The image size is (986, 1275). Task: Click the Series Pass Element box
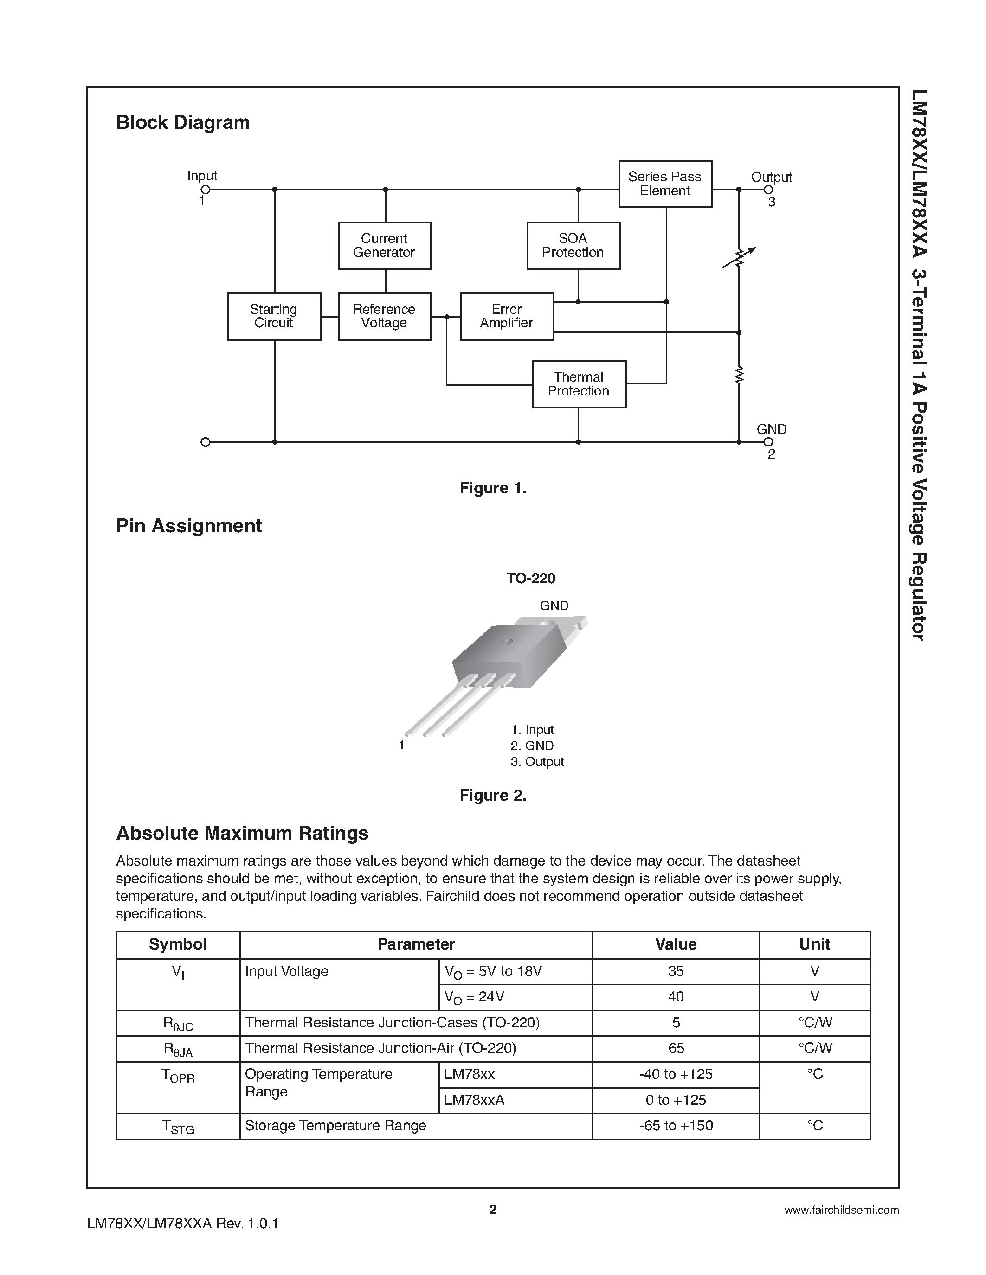[665, 184]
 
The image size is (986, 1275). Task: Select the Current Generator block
[384, 246]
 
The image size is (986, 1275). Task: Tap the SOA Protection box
[573, 246]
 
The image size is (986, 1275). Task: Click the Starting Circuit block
[274, 316]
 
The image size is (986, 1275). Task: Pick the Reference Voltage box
[384, 316]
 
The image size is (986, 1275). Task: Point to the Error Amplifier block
[506, 316]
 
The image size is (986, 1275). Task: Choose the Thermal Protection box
[579, 384]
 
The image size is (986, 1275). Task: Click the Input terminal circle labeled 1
[205, 190]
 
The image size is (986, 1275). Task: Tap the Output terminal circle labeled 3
[768, 190]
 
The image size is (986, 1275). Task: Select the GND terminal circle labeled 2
[768, 442]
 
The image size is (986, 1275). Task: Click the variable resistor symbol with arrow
[739, 257]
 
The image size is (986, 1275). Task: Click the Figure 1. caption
[493, 488]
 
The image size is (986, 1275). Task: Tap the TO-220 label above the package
[530, 578]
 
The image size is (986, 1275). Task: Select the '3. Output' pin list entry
[537, 762]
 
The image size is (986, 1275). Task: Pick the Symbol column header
[178, 944]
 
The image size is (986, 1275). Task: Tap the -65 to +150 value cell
[676, 1126]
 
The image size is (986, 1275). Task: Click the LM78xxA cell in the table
[474, 1100]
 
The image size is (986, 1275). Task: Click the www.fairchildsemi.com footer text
[841, 1210]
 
